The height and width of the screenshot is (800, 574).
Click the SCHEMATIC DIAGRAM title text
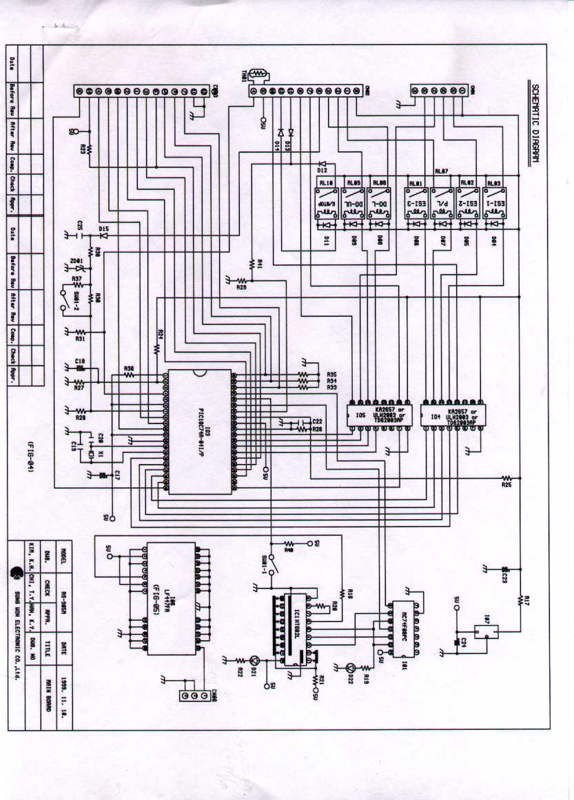[535, 127]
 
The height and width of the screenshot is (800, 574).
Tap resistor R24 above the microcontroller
[157, 348]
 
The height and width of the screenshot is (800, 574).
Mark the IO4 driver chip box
[453, 415]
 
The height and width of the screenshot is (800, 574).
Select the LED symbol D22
[351, 667]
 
